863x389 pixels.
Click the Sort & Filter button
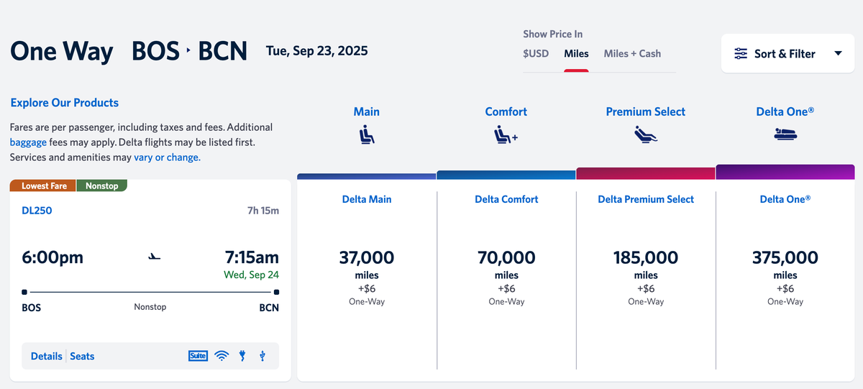[787, 53]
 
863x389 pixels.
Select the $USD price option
[536, 53]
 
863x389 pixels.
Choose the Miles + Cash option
[632, 53]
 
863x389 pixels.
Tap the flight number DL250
[37, 211]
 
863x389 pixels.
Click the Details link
[46, 356]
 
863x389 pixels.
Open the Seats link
[82, 356]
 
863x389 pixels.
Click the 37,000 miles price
[366, 257]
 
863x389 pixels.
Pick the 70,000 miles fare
[506, 257]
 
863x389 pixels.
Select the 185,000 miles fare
[645, 257]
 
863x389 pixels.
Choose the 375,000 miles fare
[785, 257]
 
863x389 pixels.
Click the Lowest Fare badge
[44, 186]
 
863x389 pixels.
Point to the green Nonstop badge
[101, 186]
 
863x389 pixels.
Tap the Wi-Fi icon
[222, 355]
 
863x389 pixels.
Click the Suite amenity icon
[198, 355]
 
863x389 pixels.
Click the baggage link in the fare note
[28, 142]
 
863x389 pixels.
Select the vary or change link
[167, 157]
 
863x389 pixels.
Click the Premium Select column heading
[645, 111]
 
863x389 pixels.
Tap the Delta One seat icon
[785, 134]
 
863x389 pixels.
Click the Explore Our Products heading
[65, 103]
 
